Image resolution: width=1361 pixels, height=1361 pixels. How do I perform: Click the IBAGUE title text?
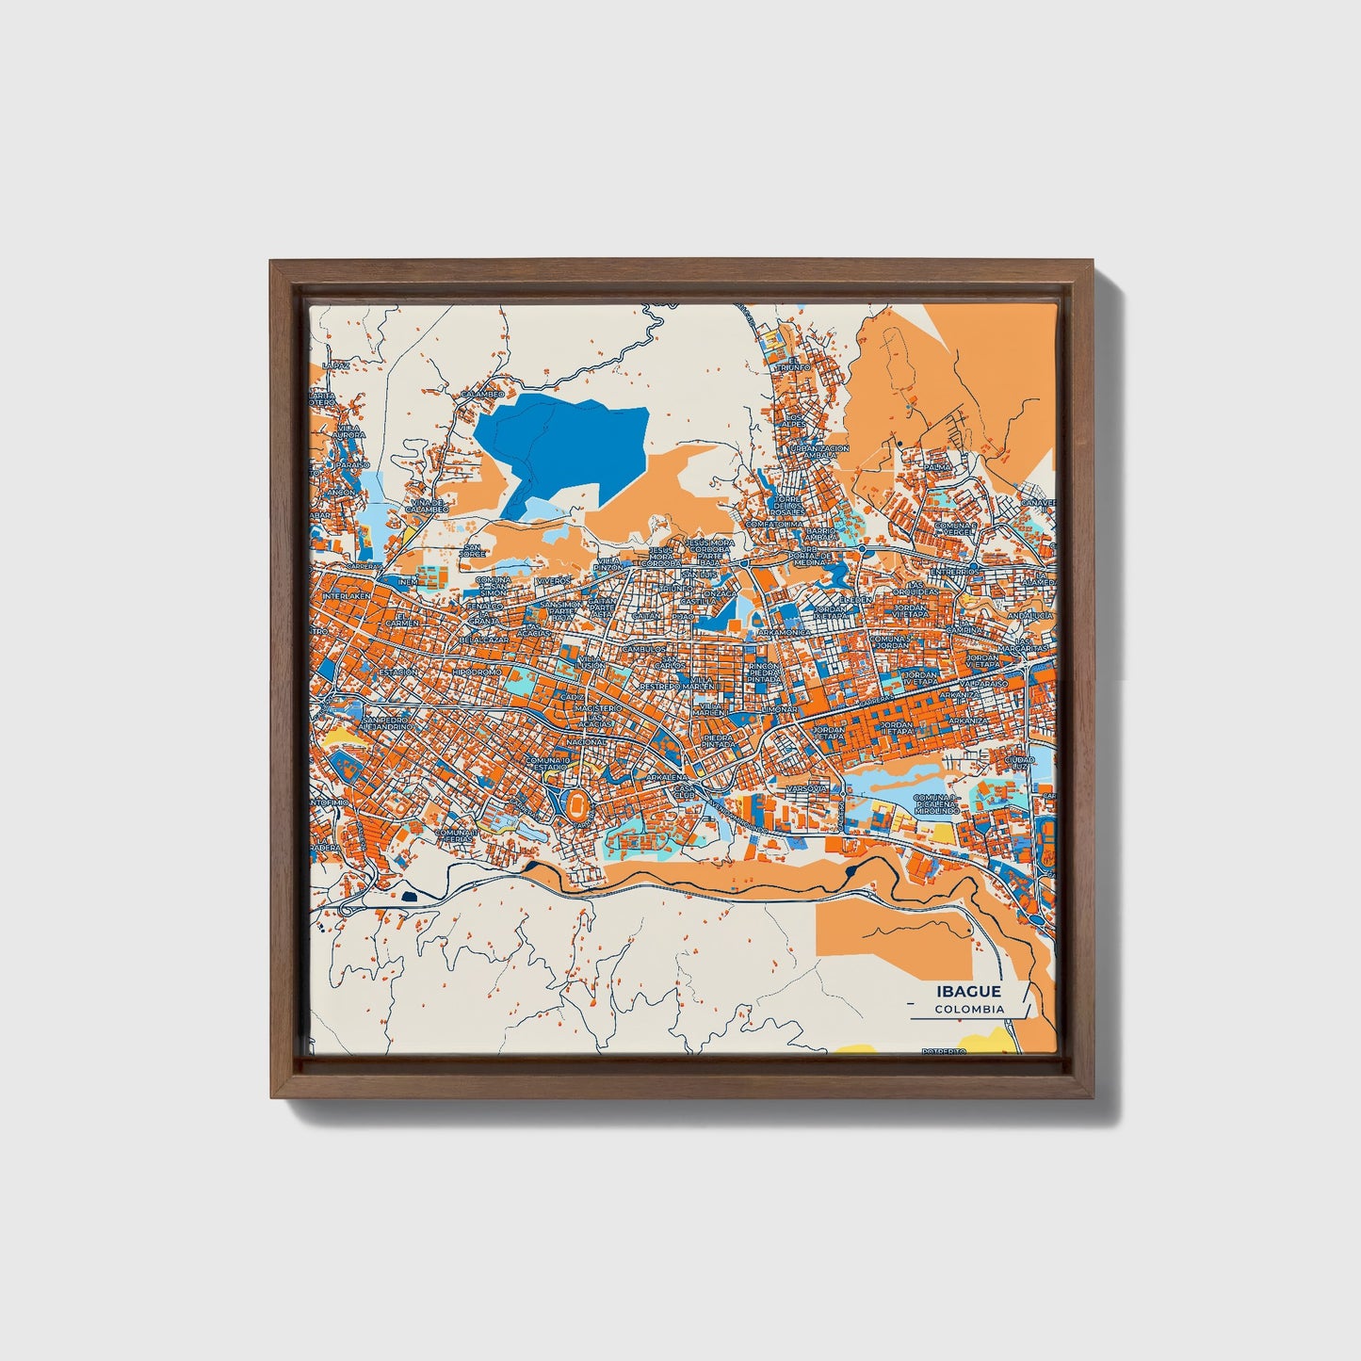(x=969, y=991)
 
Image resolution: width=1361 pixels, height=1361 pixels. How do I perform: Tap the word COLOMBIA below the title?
(x=969, y=1009)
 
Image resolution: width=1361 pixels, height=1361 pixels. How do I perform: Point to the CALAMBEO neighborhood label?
(x=482, y=393)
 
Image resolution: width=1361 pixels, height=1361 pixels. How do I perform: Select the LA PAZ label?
(x=334, y=365)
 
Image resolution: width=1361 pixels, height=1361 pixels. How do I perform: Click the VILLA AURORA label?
(x=348, y=431)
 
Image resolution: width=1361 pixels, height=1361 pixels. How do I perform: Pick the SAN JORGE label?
(x=472, y=551)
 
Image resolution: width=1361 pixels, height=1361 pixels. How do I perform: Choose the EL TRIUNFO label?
(x=793, y=365)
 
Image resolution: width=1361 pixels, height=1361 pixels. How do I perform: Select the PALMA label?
(x=936, y=467)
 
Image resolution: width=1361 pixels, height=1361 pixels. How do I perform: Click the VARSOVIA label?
(x=807, y=786)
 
